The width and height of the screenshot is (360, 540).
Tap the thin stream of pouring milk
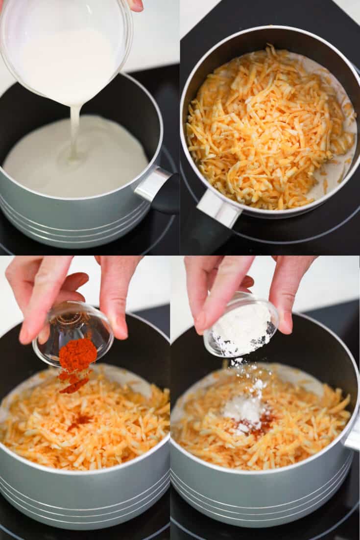point(74,132)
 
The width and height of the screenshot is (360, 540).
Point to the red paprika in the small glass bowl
point(78,354)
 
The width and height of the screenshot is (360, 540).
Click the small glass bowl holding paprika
point(73,333)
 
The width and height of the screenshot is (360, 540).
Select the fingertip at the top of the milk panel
point(137,5)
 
